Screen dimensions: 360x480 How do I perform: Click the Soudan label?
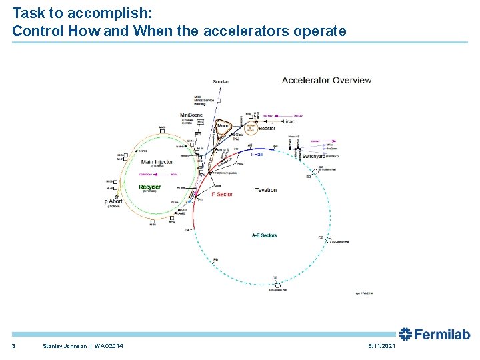pyautogui.click(x=221, y=82)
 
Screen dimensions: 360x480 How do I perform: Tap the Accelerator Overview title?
pyautogui.click(x=327, y=80)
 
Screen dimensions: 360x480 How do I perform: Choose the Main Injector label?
pyautogui.click(x=157, y=161)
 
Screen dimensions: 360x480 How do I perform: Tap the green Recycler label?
pyautogui.click(x=150, y=187)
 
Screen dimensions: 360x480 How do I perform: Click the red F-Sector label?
pyautogui.click(x=222, y=195)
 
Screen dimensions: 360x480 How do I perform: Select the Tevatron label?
pyautogui.click(x=265, y=190)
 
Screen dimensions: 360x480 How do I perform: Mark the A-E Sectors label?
pyautogui.click(x=264, y=235)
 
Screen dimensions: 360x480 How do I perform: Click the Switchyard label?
pyautogui.click(x=314, y=156)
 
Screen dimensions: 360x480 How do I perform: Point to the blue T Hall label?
pyautogui.click(x=247, y=153)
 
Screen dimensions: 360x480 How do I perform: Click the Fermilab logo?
pyautogui.click(x=434, y=335)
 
